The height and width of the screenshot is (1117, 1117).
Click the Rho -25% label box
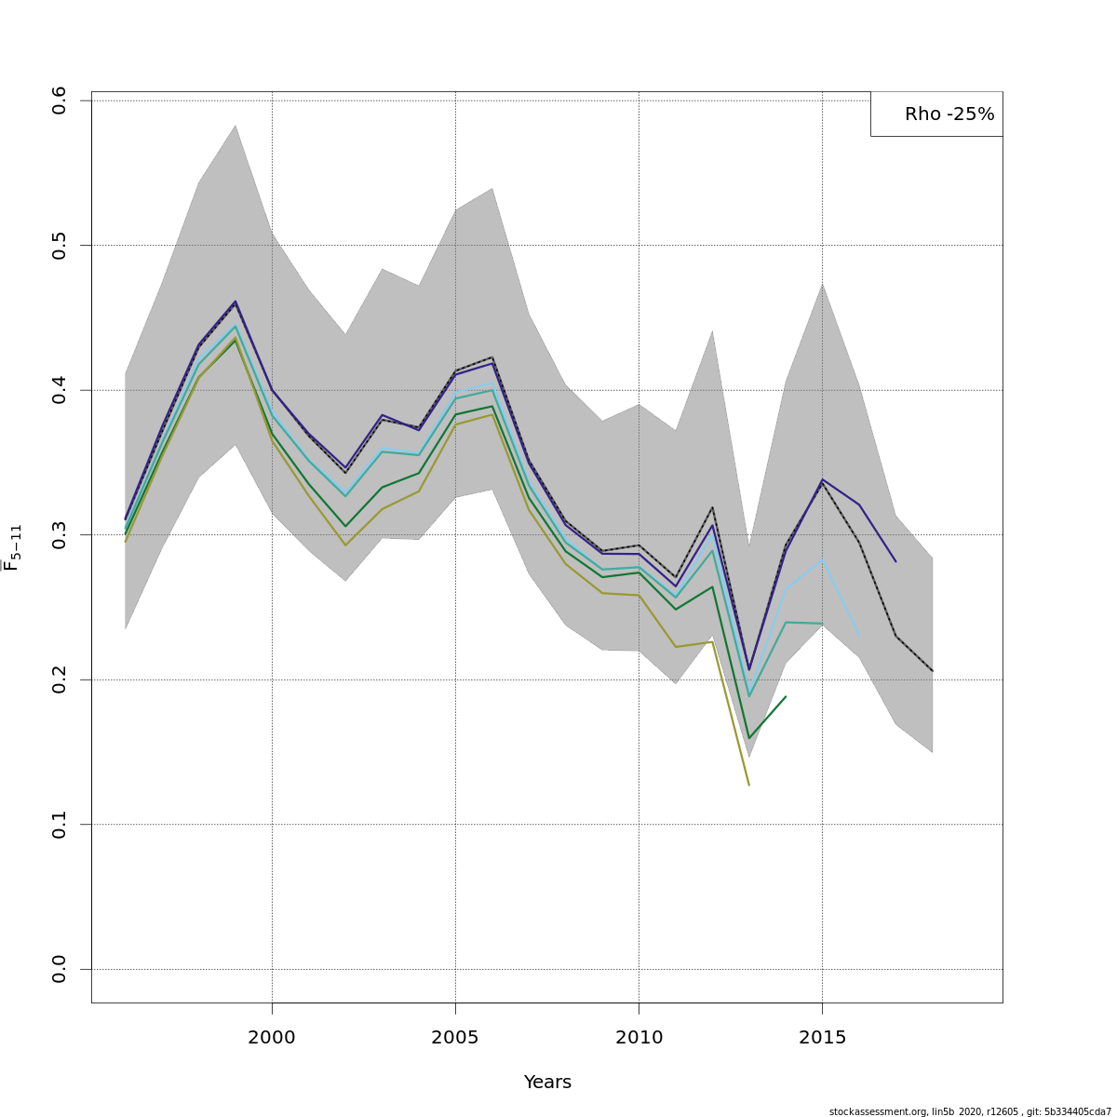(x=936, y=114)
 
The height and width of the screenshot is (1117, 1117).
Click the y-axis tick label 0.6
(x=60, y=100)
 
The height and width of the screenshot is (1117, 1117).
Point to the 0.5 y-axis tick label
(x=60, y=246)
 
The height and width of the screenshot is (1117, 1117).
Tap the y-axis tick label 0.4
(x=60, y=390)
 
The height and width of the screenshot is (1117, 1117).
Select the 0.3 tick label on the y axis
(x=60, y=535)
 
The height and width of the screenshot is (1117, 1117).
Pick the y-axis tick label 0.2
(x=60, y=680)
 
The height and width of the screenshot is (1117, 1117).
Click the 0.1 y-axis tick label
(x=60, y=825)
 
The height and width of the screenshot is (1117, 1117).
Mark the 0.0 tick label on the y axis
(x=60, y=969)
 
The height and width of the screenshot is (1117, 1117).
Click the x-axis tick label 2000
(x=272, y=1037)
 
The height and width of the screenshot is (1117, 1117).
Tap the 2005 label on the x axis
(x=455, y=1037)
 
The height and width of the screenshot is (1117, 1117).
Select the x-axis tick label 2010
(x=639, y=1037)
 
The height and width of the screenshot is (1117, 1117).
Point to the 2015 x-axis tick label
(x=822, y=1037)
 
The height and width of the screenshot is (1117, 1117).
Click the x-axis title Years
(x=547, y=1083)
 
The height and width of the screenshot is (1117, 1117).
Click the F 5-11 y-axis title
(x=13, y=547)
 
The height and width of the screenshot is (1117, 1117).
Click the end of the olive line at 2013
(x=748, y=785)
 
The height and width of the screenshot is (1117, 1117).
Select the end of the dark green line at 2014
(x=786, y=696)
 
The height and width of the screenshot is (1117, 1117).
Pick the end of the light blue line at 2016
(x=858, y=634)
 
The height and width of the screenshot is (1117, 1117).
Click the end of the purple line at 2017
(x=895, y=561)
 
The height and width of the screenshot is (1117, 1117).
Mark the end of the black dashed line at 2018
(x=932, y=670)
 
